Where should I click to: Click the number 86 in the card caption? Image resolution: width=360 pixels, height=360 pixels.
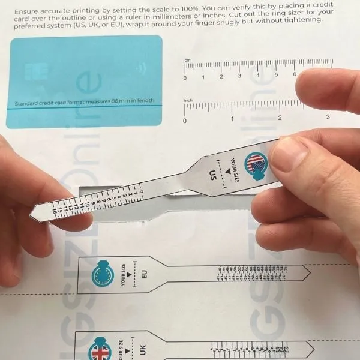pyautogui.click(x=116, y=101)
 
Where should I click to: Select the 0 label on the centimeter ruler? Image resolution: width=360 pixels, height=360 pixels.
pyautogui.click(x=185, y=77)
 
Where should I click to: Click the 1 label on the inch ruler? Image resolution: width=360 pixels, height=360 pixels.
pyautogui.click(x=232, y=119)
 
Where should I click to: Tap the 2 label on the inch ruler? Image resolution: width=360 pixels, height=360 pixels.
pyautogui.click(x=280, y=118)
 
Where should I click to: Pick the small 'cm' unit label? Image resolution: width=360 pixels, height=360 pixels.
pyautogui.click(x=187, y=61)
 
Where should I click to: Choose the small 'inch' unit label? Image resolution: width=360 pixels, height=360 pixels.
pyautogui.click(x=188, y=100)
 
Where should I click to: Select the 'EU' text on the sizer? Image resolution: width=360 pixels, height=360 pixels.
pyautogui.click(x=144, y=275)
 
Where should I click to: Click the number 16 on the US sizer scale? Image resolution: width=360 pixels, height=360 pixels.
pyautogui.click(x=55, y=211)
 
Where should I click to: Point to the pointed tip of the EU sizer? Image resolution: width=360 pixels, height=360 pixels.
pyautogui.click(x=310, y=274)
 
